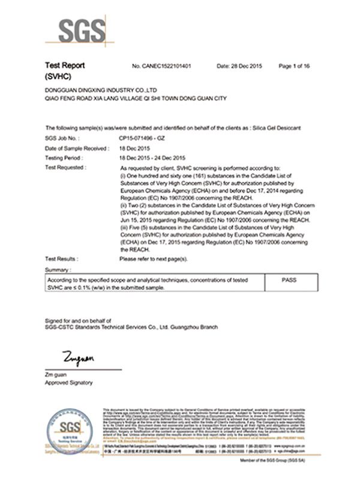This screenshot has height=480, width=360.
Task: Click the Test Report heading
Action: [x=65, y=65]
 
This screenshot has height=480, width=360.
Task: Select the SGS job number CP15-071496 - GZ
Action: [x=145, y=138]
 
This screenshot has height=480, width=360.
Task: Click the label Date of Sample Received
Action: [x=74, y=148]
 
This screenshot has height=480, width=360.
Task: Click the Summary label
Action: [x=58, y=271]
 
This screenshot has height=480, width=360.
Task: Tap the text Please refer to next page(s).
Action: [x=154, y=259]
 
